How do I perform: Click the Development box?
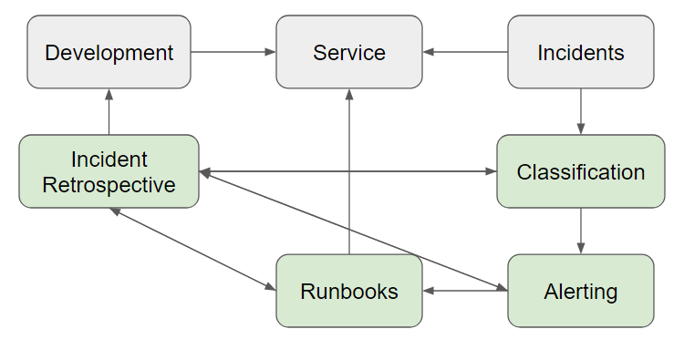[x=109, y=52]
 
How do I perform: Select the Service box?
[x=349, y=52]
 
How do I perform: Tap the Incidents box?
[x=580, y=52]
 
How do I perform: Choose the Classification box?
[x=580, y=171]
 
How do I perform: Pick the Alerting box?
[x=580, y=292]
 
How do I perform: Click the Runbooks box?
[x=349, y=292]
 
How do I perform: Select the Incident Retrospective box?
[x=109, y=171]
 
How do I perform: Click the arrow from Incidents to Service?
[x=465, y=52]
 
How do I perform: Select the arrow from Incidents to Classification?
[x=581, y=111]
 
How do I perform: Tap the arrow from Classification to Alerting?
[x=581, y=231]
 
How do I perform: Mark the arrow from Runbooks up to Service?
[x=349, y=173]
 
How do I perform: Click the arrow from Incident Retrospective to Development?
[x=109, y=111]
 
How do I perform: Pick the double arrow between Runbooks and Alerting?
[x=465, y=292]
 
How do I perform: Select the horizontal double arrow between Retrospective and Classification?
[x=348, y=171]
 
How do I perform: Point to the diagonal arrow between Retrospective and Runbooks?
[x=192, y=249]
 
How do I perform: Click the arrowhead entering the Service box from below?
[x=349, y=94]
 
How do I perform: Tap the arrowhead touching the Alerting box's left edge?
[x=502, y=288]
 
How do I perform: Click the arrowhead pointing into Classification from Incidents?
[x=581, y=129]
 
